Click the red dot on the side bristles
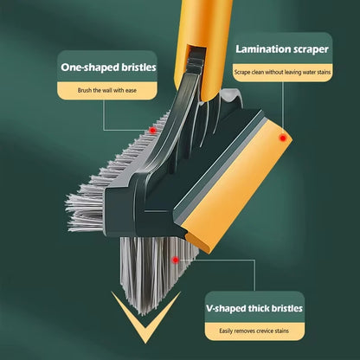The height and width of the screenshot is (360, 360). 153,129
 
